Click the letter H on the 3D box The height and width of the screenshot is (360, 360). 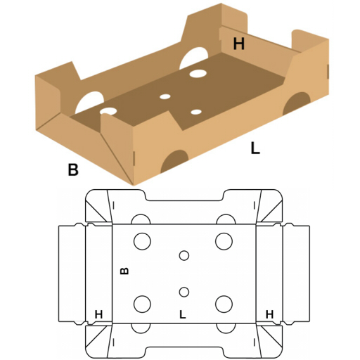[x=239, y=44]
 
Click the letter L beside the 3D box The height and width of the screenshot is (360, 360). [x=255, y=148]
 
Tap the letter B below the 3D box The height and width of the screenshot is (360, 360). [x=73, y=169]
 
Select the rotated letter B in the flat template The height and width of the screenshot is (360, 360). [x=124, y=271]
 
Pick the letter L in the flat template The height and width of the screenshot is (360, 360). [x=183, y=314]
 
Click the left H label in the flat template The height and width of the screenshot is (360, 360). [x=98, y=314]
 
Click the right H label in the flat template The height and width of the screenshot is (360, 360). [x=269, y=314]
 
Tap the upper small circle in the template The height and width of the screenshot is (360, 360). [x=184, y=255]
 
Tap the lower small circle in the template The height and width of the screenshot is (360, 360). [x=184, y=292]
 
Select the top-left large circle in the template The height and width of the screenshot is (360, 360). [x=142, y=241]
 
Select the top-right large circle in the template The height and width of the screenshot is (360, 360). [x=224, y=241]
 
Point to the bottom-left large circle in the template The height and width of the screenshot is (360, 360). [x=142, y=304]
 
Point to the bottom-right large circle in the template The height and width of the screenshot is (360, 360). [x=224, y=304]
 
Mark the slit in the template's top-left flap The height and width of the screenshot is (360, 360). [x=114, y=205]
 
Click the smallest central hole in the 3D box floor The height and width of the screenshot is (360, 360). [x=165, y=96]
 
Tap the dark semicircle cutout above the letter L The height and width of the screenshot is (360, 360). [x=297, y=103]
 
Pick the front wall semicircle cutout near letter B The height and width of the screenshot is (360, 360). [x=174, y=161]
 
